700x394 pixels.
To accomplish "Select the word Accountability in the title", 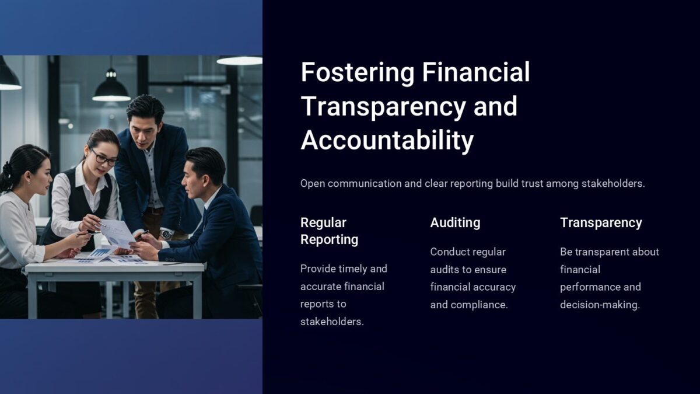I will click(x=387, y=141).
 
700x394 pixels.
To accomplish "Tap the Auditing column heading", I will click(x=455, y=222).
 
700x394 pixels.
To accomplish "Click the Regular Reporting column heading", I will click(x=329, y=231).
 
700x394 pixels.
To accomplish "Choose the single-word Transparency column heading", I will click(x=601, y=222).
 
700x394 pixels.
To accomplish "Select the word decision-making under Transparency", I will click(x=600, y=305).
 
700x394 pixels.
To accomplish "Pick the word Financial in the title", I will click(x=476, y=73).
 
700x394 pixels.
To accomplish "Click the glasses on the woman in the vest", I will click(x=104, y=158).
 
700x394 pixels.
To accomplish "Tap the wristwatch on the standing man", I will click(x=166, y=234).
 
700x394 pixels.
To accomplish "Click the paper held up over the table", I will click(x=118, y=232).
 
